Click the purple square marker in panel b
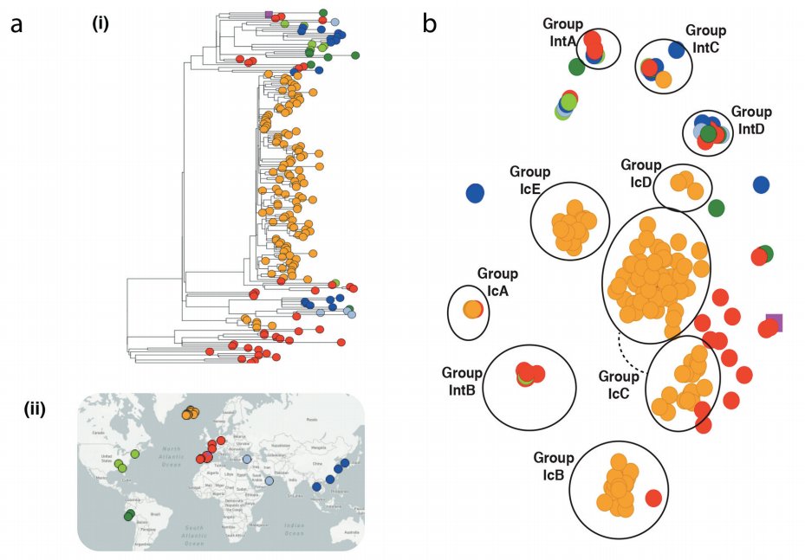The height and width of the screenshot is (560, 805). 775,323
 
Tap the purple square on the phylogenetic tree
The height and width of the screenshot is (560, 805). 269,15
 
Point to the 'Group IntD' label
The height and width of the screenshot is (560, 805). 751,119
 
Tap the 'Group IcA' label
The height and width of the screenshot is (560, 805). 497,281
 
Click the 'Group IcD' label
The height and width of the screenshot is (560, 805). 641,171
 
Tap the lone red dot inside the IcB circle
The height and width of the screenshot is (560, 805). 653,498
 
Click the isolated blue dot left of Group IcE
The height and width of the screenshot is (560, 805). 475,194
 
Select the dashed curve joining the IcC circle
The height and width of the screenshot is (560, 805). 631,355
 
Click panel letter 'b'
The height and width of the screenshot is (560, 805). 431,23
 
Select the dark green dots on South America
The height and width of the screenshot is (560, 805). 129,516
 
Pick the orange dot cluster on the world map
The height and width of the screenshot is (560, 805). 190,414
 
